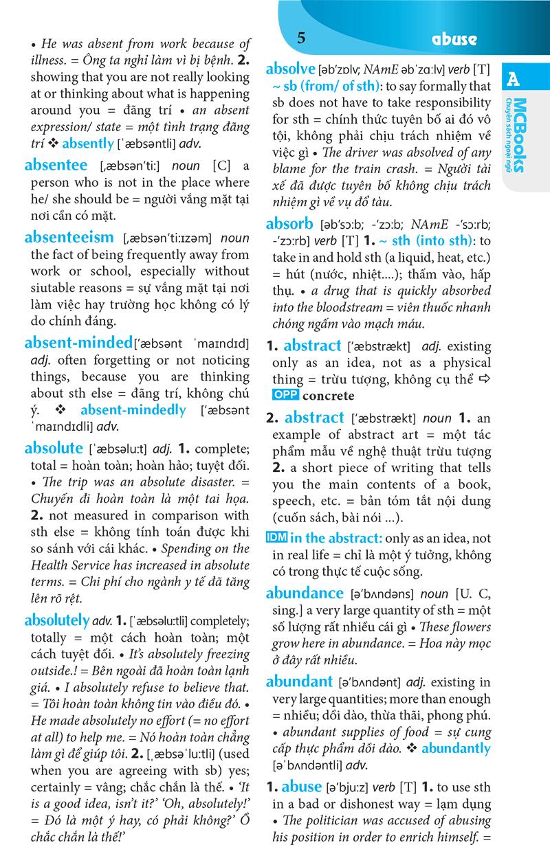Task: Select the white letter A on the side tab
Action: pyautogui.click(x=513, y=80)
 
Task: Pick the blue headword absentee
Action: pyautogui.click(x=56, y=165)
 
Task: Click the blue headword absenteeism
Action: pyautogui.click(x=69, y=237)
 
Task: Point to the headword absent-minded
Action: pyautogui.click(x=78, y=342)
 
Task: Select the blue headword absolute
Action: pyautogui.click(x=53, y=449)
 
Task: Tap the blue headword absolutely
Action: pyautogui.click(x=57, y=620)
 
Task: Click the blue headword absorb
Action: pyautogui.click(x=289, y=223)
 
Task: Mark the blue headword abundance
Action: pyautogui.click(x=304, y=593)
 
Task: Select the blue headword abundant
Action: pyautogui.click(x=299, y=681)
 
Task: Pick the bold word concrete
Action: pyautogui.click(x=329, y=396)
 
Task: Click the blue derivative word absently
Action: pyautogui.click(x=87, y=144)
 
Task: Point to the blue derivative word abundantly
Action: pyautogui.click(x=456, y=749)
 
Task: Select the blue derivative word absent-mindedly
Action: pyautogui.click(x=133, y=410)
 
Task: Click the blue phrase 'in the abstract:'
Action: pyautogui.click(x=335, y=539)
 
